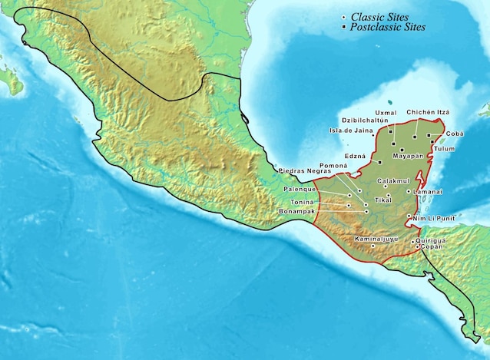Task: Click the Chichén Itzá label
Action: click(x=428, y=113)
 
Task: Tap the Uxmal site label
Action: click(x=386, y=113)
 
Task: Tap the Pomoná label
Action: click(x=334, y=166)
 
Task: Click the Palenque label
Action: click(x=299, y=188)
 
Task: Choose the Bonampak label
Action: click(x=300, y=210)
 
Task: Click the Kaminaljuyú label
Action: click(x=377, y=239)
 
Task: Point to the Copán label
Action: click(x=432, y=247)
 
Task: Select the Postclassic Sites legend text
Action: click(x=387, y=27)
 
